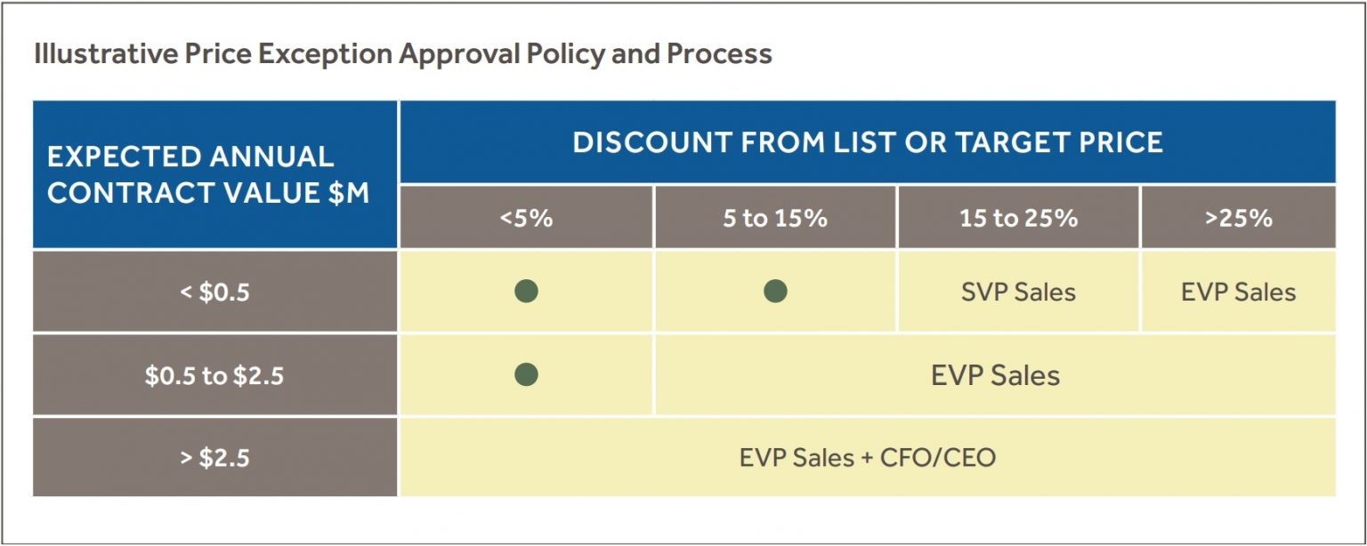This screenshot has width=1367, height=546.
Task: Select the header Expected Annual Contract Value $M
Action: (209, 174)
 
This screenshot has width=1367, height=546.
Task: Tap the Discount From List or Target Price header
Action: (868, 142)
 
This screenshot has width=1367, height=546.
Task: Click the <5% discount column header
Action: (526, 218)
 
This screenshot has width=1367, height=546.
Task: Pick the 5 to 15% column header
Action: (774, 218)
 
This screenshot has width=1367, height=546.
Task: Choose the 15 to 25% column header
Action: (1018, 218)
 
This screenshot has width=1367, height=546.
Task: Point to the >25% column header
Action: (1238, 218)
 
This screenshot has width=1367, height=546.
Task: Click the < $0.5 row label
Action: (214, 292)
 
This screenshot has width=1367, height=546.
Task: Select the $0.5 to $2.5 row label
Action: (214, 375)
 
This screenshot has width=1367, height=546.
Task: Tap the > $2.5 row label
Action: (214, 458)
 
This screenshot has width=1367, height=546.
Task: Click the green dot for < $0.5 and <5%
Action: (526, 291)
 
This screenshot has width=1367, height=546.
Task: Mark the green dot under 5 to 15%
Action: (775, 291)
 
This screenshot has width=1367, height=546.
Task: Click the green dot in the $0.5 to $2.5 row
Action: (526, 374)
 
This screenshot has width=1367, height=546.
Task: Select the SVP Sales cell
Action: (1018, 292)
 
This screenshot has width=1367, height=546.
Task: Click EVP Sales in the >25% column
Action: (1238, 292)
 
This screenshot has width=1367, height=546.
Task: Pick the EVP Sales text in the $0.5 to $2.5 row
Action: (995, 375)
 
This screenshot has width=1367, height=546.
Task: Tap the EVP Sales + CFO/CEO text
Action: (868, 458)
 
